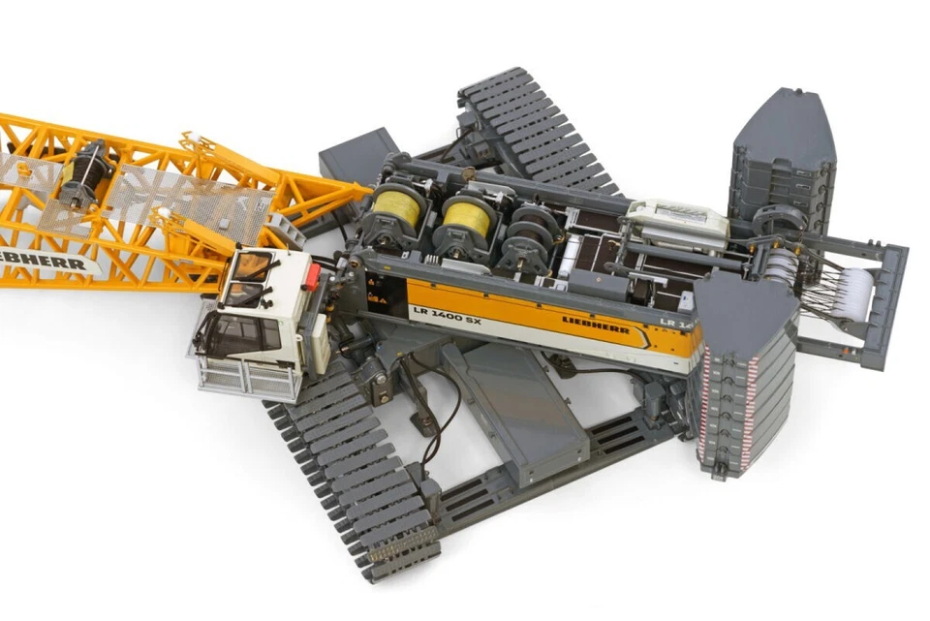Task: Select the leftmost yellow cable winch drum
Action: click(398, 207)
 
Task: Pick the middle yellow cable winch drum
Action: click(468, 219)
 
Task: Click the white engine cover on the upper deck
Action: click(676, 219)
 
